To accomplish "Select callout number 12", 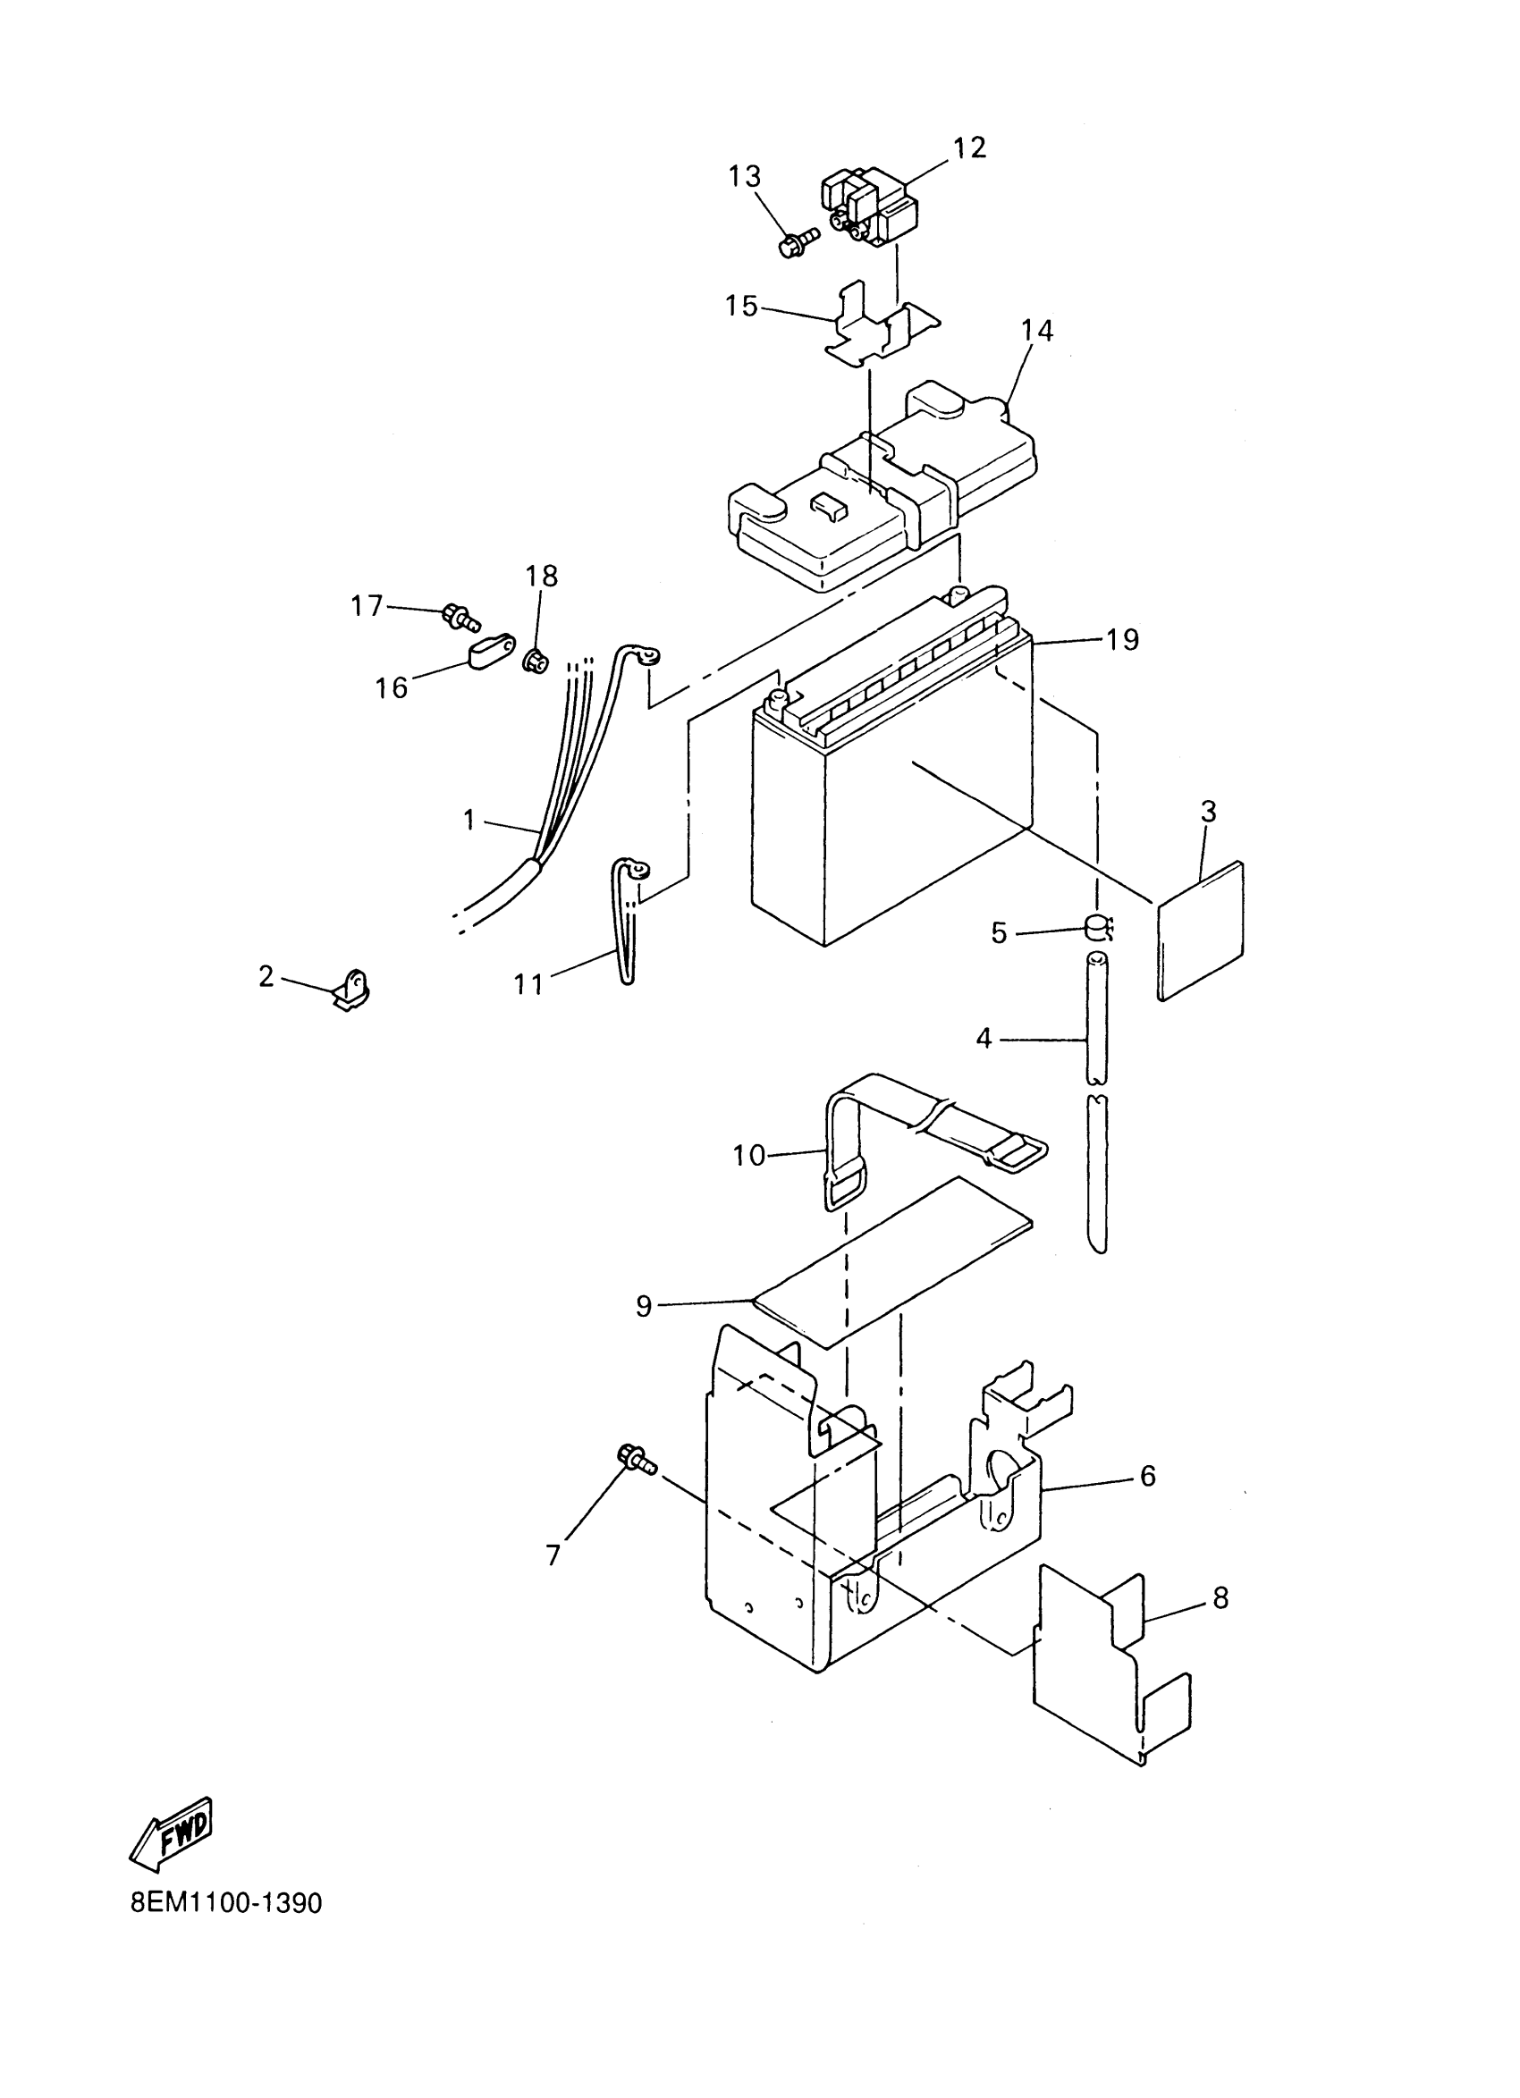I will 969,147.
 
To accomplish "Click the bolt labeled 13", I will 798,243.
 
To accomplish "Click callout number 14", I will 1037,330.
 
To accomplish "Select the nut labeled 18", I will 535,661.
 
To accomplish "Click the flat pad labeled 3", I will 1201,931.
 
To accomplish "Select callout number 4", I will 984,1039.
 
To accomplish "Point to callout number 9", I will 644,1306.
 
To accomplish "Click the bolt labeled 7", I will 635,1462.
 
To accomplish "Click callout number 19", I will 1122,639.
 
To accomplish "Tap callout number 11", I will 528,983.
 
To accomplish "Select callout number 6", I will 1147,1477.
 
